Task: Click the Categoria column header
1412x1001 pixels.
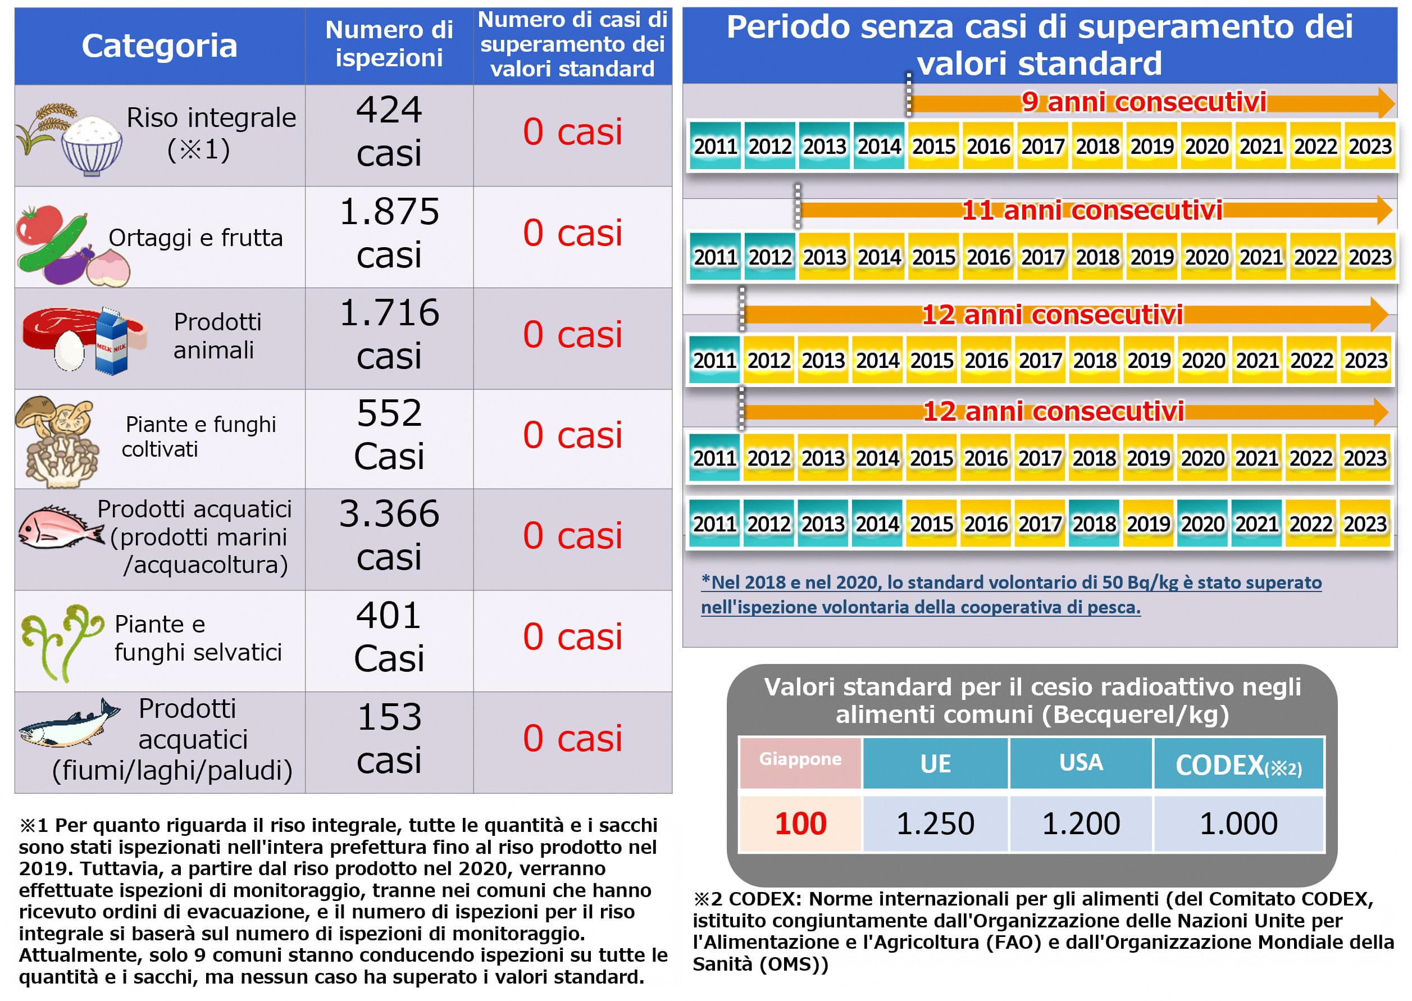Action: pyautogui.click(x=159, y=46)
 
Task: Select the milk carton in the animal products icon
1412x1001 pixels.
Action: pyautogui.click(x=112, y=342)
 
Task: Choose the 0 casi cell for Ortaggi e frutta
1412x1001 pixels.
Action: pyautogui.click(x=572, y=234)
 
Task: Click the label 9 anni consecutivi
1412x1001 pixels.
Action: pyautogui.click(x=1144, y=102)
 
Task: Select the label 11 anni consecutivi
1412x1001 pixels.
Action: pyautogui.click(x=1091, y=211)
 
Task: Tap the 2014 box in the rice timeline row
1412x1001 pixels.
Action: pyautogui.click(x=878, y=147)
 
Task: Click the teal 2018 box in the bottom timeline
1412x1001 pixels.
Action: pyautogui.click(x=1094, y=524)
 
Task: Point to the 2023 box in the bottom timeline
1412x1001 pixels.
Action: pyautogui.click(x=1365, y=524)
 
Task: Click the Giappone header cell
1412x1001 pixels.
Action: pyautogui.click(x=799, y=760)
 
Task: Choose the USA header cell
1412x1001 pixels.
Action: pyautogui.click(x=1081, y=763)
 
